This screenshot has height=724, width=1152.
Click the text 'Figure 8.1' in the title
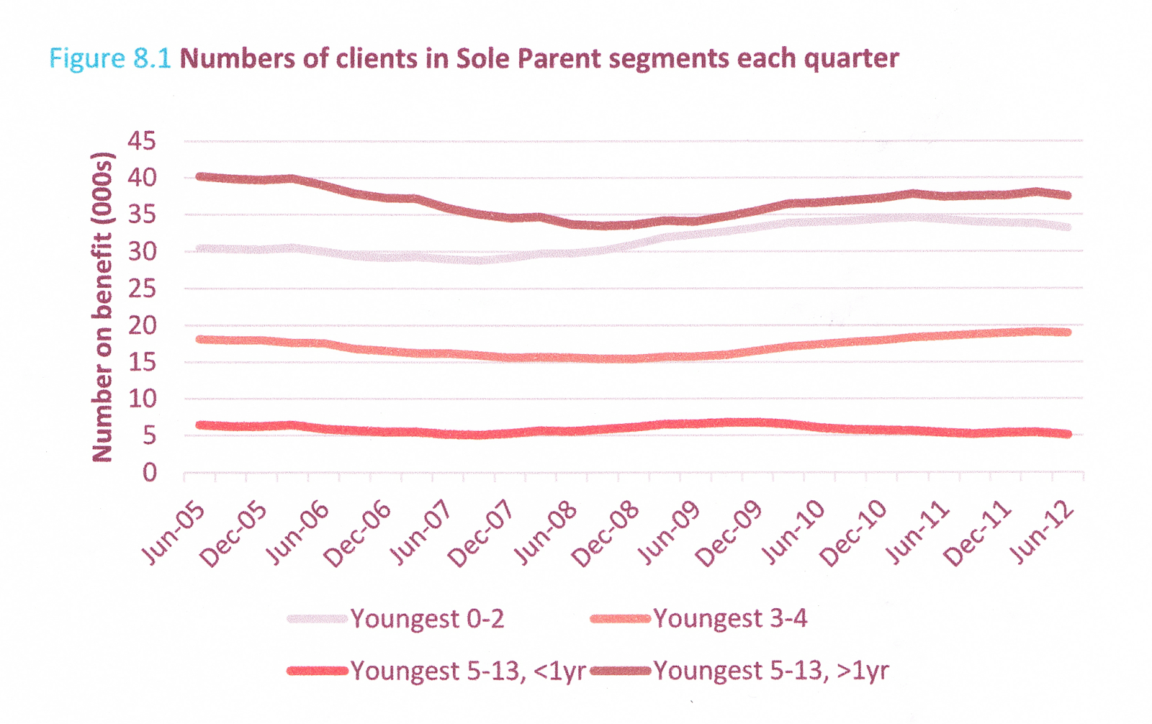click(110, 58)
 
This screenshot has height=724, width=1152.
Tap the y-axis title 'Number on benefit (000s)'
click(103, 307)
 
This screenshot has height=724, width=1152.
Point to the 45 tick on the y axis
click(142, 141)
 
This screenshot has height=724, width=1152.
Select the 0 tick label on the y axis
click(149, 473)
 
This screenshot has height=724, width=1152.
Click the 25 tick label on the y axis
click(142, 289)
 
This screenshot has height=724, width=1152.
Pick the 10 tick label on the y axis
click(142, 399)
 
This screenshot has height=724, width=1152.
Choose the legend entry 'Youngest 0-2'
click(427, 619)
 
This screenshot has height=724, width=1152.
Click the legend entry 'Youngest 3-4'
click(730, 619)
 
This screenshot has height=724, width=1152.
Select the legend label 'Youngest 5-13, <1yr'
click(468, 671)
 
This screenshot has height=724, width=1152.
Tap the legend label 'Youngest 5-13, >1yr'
click(771, 671)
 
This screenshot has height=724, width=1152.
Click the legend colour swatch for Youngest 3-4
click(620, 619)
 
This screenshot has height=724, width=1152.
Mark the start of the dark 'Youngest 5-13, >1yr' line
click(199, 176)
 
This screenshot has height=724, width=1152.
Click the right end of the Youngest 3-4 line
click(1068, 332)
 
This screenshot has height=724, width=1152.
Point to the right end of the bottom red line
click(1068, 434)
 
